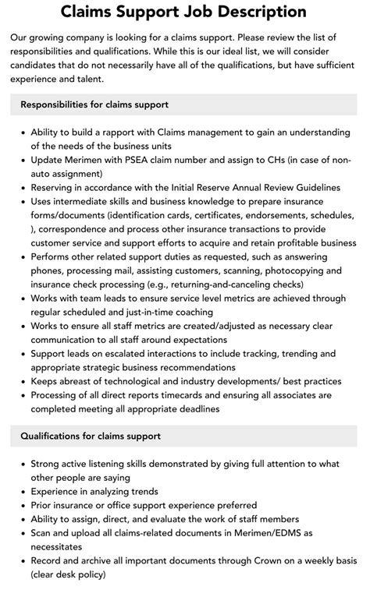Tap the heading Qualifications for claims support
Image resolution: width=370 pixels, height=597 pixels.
pos(91,436)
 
